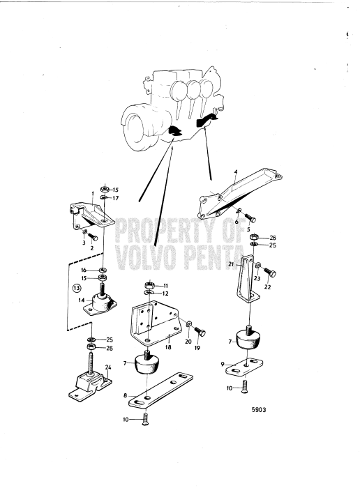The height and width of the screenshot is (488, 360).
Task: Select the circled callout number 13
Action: point(76,287)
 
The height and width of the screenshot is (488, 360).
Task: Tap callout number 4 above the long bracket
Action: point(236,171)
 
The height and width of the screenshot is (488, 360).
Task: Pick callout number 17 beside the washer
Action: point(116,197)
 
